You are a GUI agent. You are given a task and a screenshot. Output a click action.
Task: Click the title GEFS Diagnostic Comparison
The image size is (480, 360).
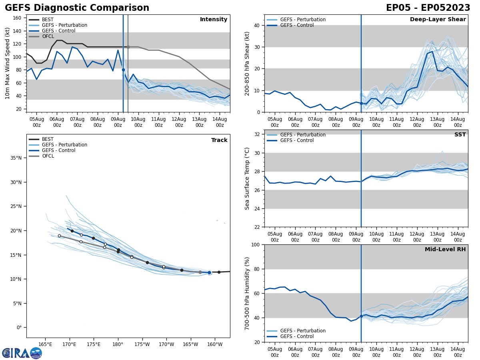(x=77, y=8)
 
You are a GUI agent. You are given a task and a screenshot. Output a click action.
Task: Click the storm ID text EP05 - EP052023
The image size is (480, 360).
(x=428, y=8)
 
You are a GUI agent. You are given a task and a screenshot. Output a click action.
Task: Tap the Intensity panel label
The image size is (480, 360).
(x=214, y=20)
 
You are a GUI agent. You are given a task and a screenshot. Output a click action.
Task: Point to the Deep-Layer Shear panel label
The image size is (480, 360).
(x=438, y=20)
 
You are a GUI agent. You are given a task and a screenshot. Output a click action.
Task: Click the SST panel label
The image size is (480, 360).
(x=460, y=135)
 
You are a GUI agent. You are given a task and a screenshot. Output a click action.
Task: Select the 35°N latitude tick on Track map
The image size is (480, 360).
(x=16, y=158)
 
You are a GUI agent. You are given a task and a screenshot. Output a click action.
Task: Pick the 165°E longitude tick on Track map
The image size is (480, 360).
(x=45, y=344)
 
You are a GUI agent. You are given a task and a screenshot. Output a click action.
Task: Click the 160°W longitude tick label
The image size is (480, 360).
(x=215, y=344)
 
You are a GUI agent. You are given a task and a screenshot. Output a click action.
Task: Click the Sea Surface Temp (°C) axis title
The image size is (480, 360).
(x=247, y=178)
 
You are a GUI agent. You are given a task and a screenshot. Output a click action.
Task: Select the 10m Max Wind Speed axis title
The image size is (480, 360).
(x=8, y=63)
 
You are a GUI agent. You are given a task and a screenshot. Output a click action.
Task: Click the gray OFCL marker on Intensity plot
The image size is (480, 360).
(x=128, y=47)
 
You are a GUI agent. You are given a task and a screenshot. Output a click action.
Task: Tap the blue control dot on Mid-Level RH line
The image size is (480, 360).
(x=361, y=316)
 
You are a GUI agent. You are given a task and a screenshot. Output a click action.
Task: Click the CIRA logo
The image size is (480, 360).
(x=22, y=353)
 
